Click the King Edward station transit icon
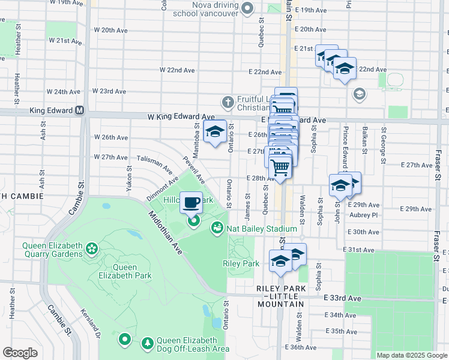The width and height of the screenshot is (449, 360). [x=79, y=111]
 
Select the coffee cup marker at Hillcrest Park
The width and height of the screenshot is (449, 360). [x=191, y=203]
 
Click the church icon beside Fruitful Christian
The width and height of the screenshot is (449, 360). [x=228, y=103]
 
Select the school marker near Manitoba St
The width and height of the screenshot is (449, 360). [x=215, y=133]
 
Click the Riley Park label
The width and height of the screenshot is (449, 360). [x=240, y=263]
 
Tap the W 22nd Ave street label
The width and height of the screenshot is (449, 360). [x=177, y=70]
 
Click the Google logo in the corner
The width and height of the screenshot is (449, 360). [x=20, y=353]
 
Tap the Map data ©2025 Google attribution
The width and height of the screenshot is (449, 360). [x=411, y=355]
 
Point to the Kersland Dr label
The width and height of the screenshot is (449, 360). [x=90, y=323]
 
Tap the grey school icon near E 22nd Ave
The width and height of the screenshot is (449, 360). [x=359, y=93]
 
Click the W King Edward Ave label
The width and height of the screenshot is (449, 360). [x=187, y=117]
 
